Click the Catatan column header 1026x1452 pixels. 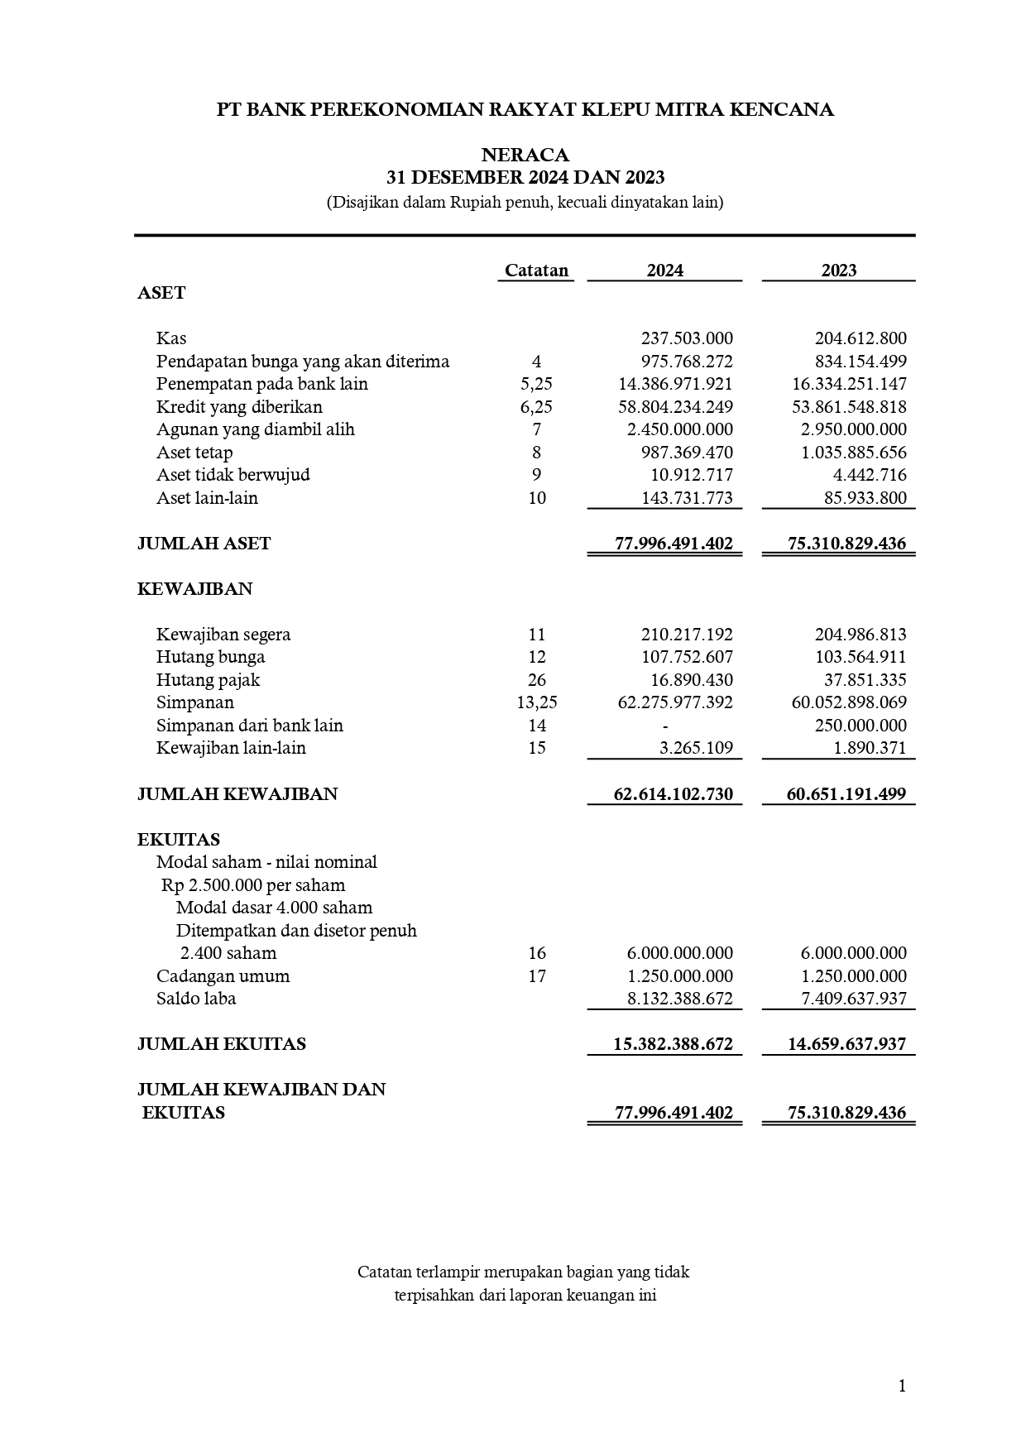[536, 271]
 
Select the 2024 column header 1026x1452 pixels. [664, 271]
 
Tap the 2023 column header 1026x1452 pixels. [838, 271]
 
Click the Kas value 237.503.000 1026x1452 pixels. [687, 338]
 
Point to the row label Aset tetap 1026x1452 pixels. [194, 453]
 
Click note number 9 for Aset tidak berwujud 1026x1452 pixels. [536, 475]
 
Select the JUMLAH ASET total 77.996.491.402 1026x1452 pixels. [674, 544]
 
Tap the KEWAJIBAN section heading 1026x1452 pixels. [194, 589]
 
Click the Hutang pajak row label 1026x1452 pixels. [208, 680]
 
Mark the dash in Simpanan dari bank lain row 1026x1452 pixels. [665, 726]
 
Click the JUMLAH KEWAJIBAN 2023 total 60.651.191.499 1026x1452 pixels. [846, 794]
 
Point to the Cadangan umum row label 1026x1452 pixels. [223, 976]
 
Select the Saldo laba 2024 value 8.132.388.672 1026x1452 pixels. [680, 999]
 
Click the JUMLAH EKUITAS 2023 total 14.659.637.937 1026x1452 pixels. [846, 1044]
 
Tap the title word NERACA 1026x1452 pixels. [525, 156]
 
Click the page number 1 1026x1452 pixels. [902, 1386]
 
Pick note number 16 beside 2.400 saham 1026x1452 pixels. [536, 953]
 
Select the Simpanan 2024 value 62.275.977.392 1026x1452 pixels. [675, 702]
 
